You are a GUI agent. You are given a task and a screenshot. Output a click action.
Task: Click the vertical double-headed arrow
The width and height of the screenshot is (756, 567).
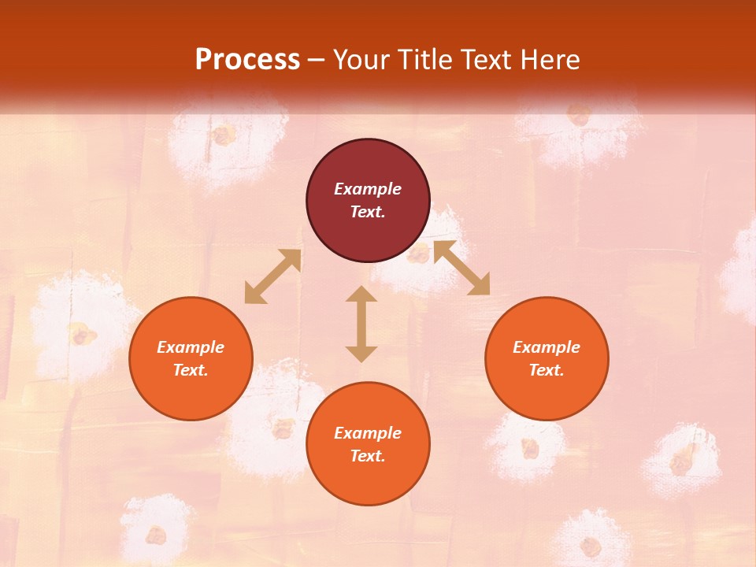[x=361, y=324]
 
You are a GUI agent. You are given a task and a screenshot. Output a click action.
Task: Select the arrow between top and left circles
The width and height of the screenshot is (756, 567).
[x=273, y=276]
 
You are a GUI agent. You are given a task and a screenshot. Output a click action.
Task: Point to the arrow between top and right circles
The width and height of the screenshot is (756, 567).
[x=461, y=268]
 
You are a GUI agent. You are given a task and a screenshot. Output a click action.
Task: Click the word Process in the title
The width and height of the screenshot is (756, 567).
[x=247, y=59]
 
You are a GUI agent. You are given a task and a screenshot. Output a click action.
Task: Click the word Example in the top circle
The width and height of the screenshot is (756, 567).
[x=368, y=189]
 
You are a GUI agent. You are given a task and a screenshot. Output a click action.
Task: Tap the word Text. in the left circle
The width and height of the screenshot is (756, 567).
[x=191, y=370]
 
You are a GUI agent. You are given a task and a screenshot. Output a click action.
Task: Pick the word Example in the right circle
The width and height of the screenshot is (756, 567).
[x=547, y=347]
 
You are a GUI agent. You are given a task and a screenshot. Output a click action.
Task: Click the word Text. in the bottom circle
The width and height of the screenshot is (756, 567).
[x=368, y=456]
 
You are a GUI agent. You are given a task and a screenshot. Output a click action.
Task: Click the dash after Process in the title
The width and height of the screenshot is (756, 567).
[x=317, y=61]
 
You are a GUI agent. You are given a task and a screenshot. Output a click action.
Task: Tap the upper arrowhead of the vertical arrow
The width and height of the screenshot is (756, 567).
[x=361, y=294]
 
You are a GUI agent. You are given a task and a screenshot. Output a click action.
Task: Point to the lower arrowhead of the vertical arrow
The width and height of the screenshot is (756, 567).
[x=361, y=354]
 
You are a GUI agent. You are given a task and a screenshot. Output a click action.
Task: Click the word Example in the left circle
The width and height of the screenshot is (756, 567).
[x=191, y=347]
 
